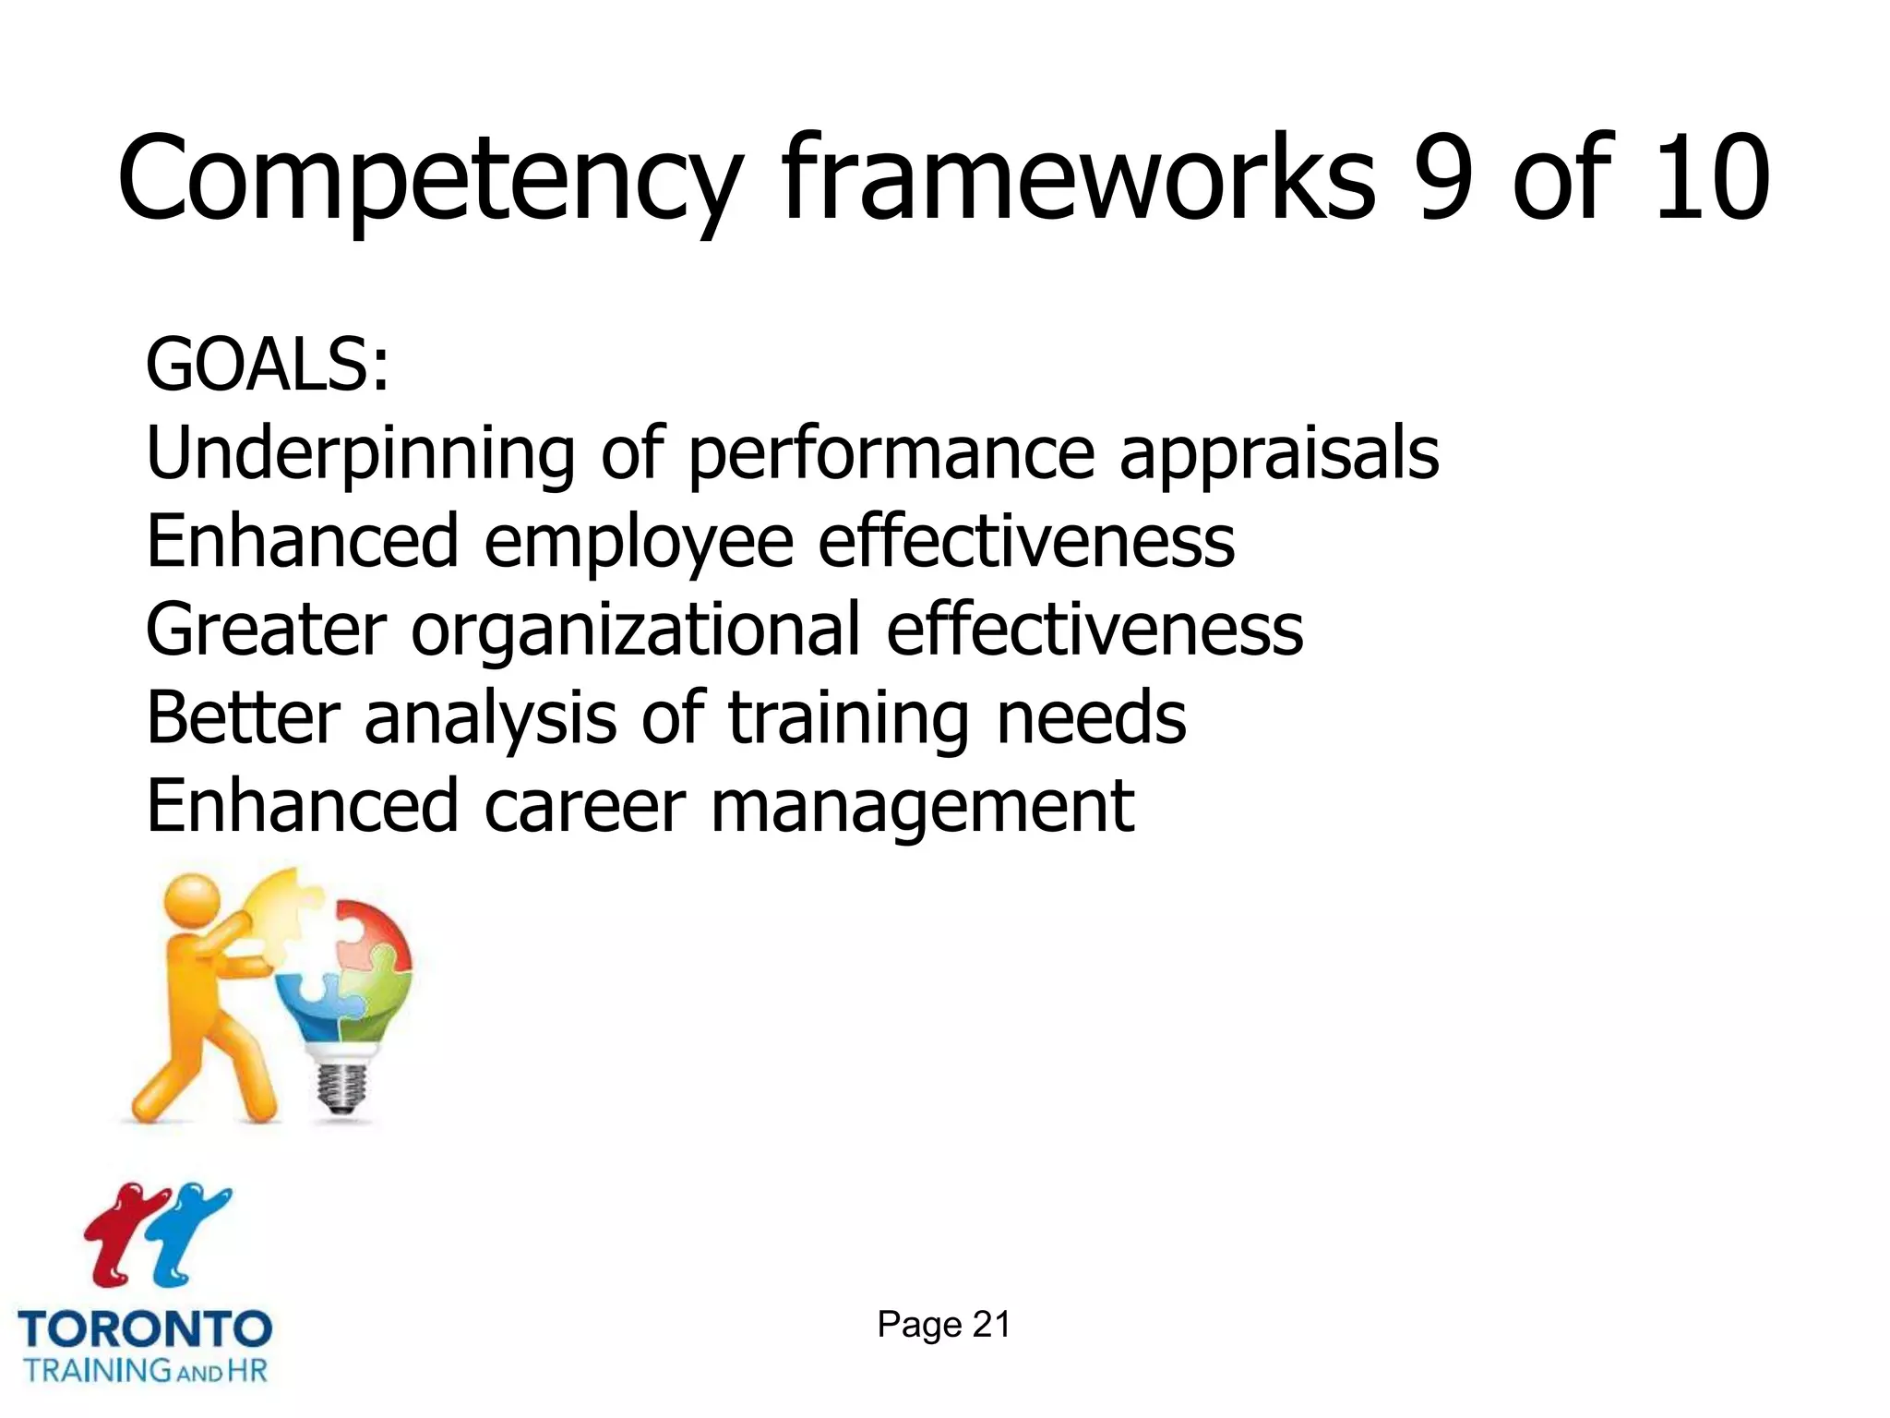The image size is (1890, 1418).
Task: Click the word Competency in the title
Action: pyautogui.click(x=429, y=180)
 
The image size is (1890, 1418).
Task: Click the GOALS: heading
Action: pyautogui.click(x=268, y=366)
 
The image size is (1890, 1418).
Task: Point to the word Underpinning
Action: pyautogui.click(x=360, y=454)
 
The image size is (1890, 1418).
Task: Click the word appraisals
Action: pyautogui.click(x=1278, y=454)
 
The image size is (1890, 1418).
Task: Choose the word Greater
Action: pyautogui.click(x=266, y=630)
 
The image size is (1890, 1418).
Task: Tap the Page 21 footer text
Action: pyautogui.click(x=943, y=1325)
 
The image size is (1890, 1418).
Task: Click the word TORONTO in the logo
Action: pyautogui.click(x=145, y=1330)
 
